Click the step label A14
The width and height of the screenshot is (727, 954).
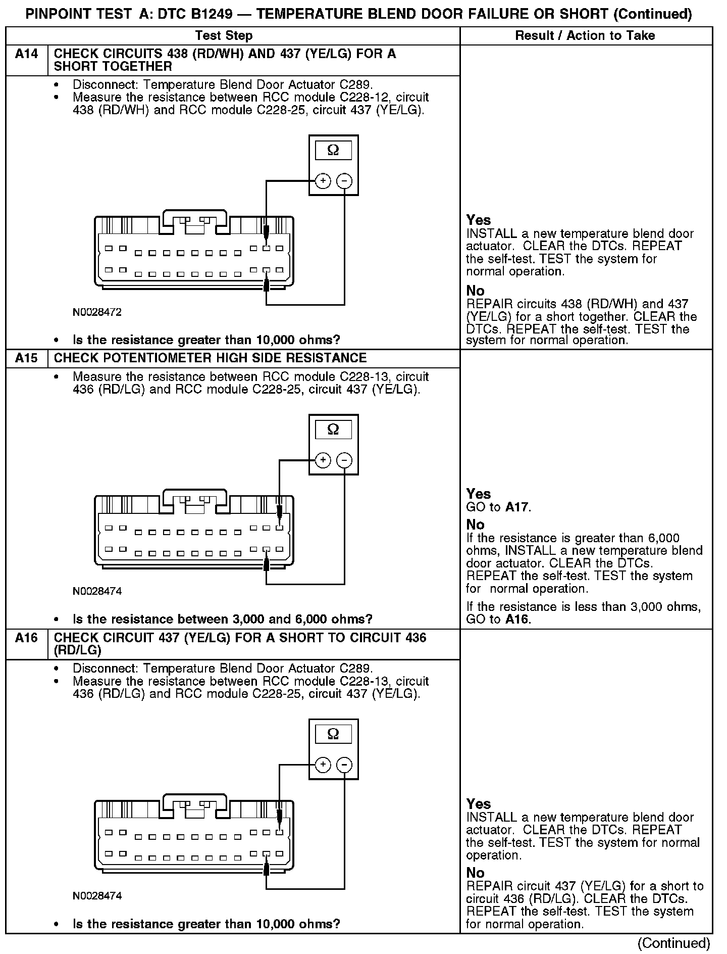26,54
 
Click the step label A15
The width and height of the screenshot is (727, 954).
26,358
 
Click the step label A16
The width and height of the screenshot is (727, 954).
26,638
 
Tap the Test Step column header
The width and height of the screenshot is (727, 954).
224,35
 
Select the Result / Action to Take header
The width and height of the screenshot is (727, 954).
585,35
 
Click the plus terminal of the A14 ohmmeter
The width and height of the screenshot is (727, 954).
323,181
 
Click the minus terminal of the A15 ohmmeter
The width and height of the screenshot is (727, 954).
344,460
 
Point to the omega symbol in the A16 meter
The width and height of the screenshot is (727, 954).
333,733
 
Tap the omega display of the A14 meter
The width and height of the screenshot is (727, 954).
333,150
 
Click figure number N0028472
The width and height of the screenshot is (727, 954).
97,312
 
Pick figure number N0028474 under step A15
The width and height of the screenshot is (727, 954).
97,591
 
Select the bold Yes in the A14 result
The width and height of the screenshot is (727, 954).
478,220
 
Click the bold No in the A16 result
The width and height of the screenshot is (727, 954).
475,873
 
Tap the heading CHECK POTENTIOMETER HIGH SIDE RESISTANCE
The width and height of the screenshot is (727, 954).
210,358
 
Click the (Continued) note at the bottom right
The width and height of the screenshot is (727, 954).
673,943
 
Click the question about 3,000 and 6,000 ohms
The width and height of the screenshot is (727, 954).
223,619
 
